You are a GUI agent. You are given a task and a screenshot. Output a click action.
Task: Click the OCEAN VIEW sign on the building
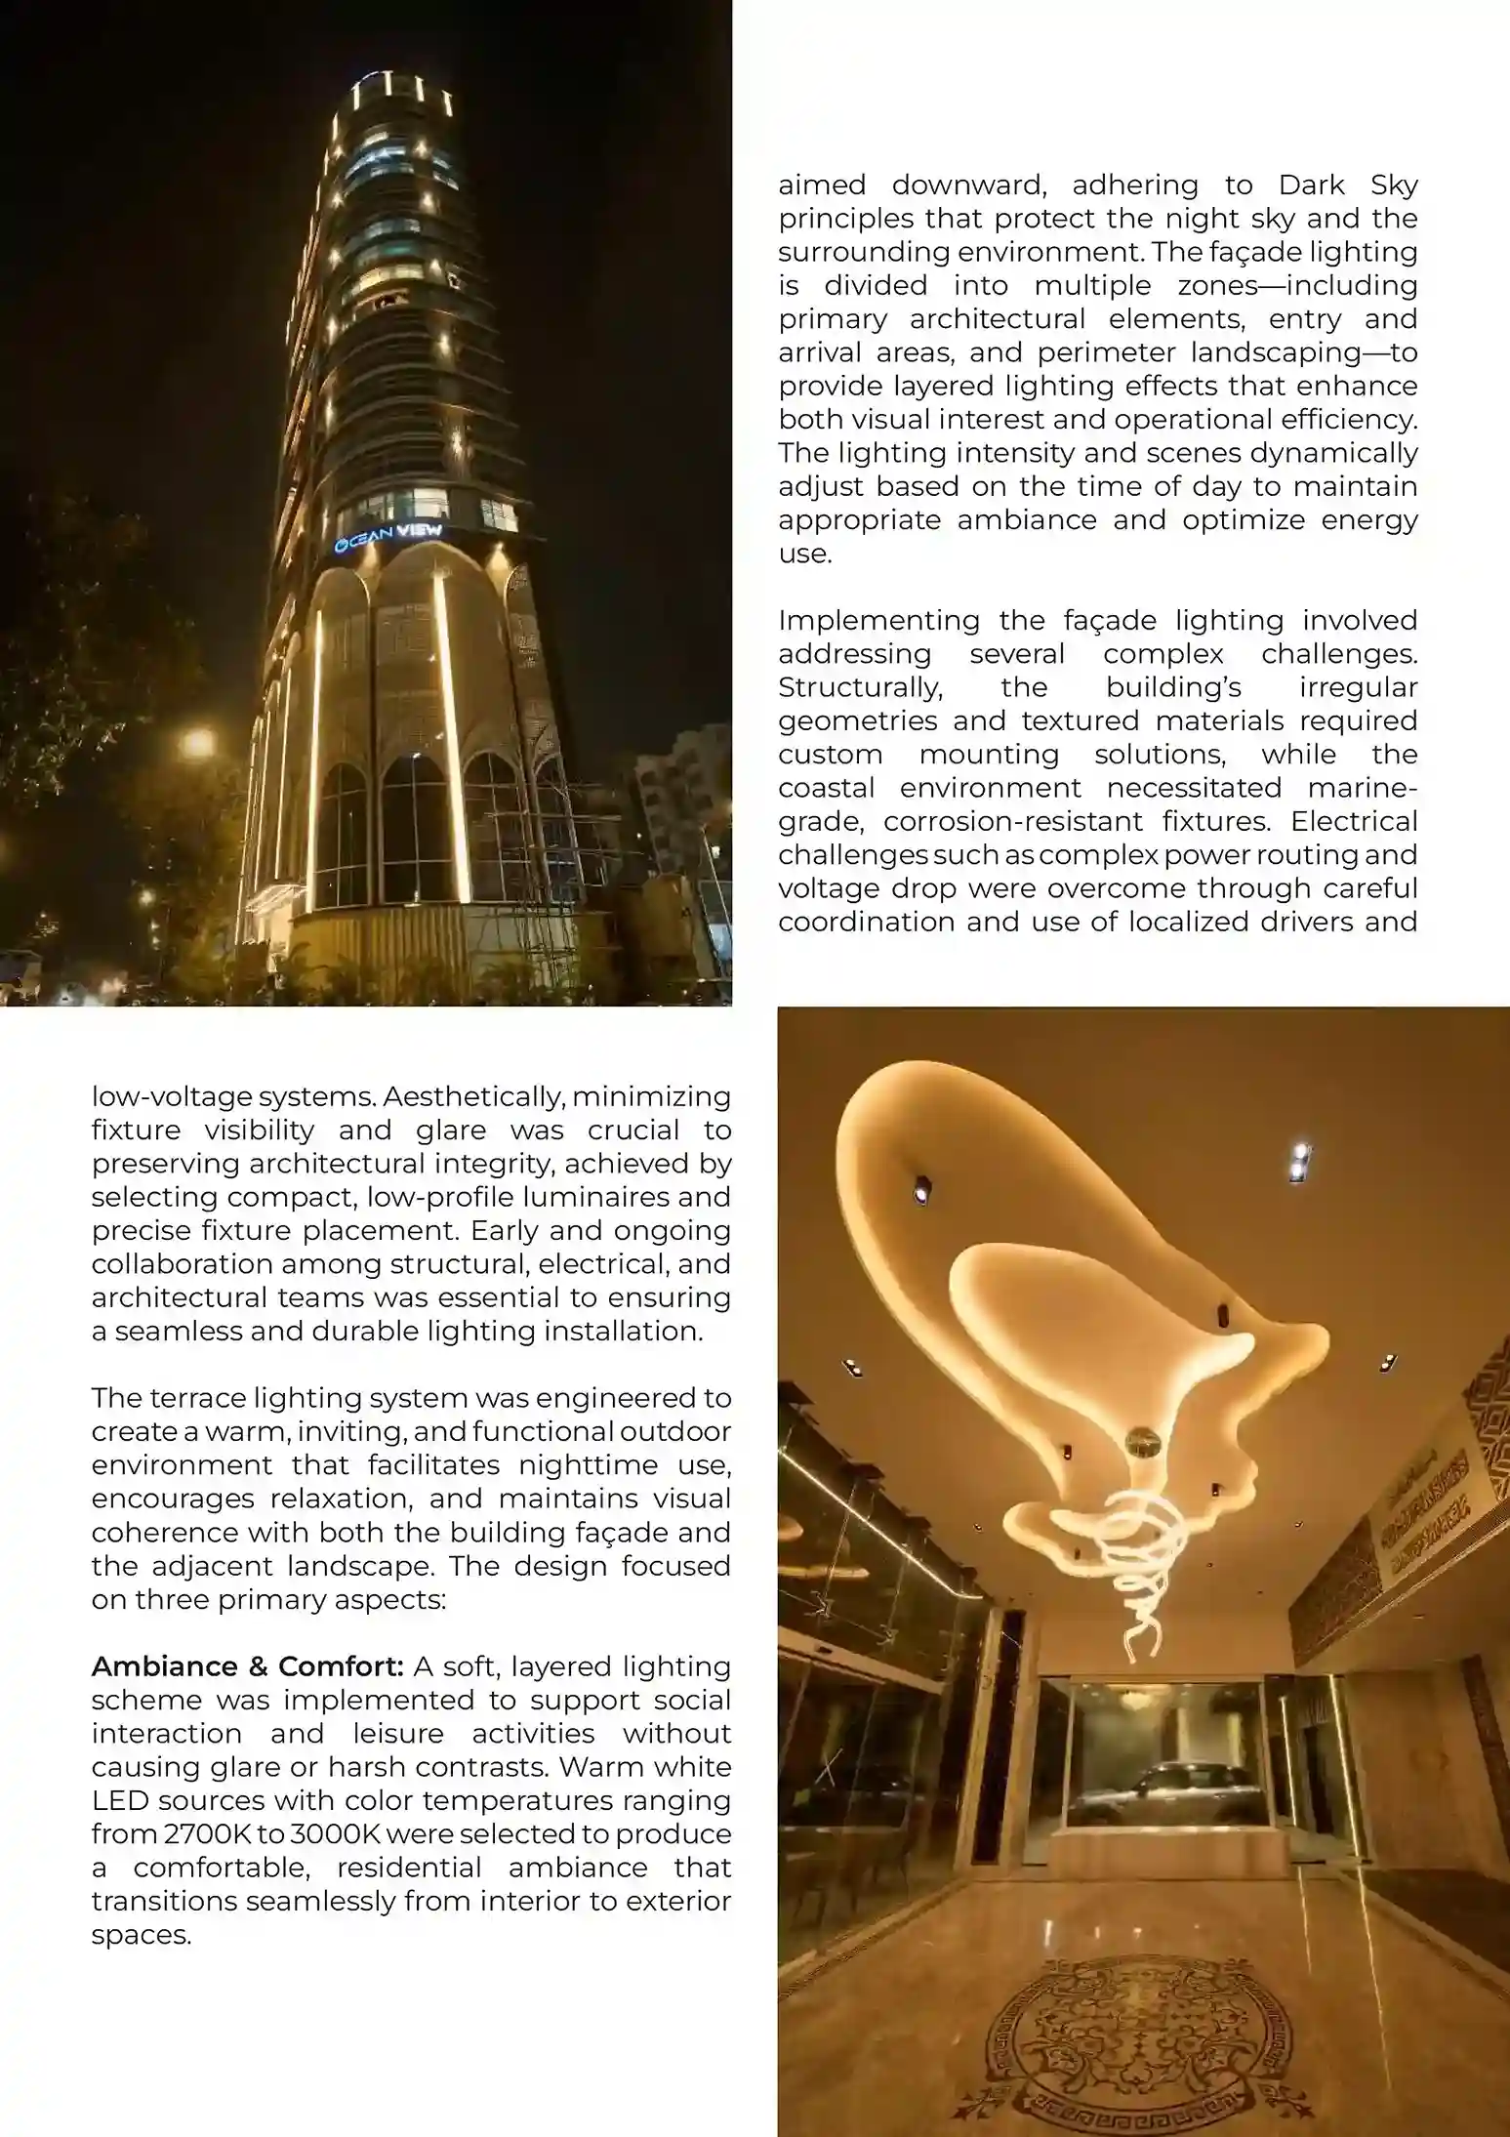(388, 537)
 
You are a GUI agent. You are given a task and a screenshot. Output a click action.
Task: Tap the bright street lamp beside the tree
(198, 743)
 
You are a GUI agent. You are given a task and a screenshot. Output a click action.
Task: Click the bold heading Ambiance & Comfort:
(247, 1666)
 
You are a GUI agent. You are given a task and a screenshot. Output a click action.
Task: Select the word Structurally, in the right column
(860, 687)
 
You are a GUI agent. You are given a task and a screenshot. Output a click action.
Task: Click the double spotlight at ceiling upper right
(1298, 1163)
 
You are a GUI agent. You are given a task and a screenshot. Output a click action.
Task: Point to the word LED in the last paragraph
(118, 1800)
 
